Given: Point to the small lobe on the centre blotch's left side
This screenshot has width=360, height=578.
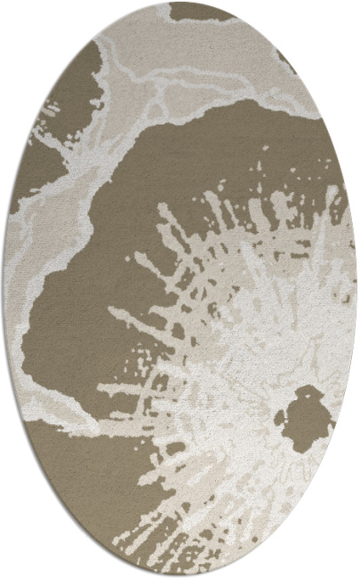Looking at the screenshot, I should (x=282, y=415).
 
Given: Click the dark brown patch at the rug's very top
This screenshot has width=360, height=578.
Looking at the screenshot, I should (x=201, y=12).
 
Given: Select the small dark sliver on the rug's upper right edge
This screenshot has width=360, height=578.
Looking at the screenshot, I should (x=286, y=61).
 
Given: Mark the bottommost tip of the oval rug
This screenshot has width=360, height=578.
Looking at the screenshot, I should (x=180, y=575).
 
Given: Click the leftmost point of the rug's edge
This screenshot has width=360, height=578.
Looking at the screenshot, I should (x=4, y=289).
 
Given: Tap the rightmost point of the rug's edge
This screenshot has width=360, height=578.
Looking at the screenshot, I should (x=356, y=289).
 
